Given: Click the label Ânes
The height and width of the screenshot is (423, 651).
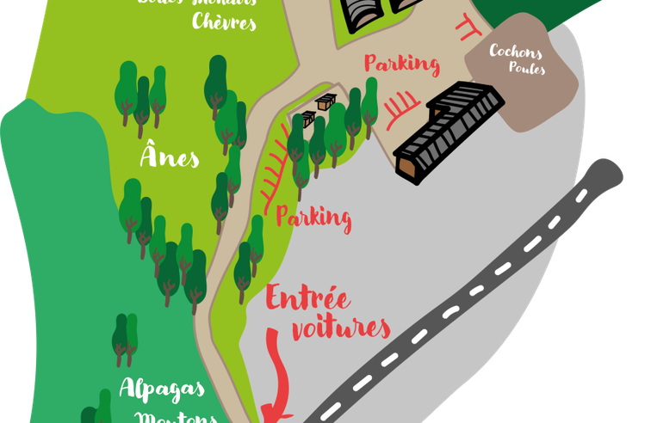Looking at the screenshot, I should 170,157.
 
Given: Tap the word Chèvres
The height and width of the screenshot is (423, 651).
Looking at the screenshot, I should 224,21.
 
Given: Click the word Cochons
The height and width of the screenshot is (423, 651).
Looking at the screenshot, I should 515,52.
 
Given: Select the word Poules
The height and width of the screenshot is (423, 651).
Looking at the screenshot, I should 526,68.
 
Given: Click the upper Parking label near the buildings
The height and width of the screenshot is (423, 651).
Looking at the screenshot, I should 401,63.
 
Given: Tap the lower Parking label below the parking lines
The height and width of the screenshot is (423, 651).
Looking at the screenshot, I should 313,218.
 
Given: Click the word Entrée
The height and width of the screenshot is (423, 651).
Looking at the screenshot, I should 307,299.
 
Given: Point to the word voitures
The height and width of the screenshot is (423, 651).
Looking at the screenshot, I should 340,328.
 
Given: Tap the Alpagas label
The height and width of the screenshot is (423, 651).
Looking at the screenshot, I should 162,387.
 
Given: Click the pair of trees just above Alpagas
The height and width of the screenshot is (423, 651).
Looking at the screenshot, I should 125,339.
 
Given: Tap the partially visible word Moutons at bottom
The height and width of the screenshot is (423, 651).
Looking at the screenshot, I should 177,417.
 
